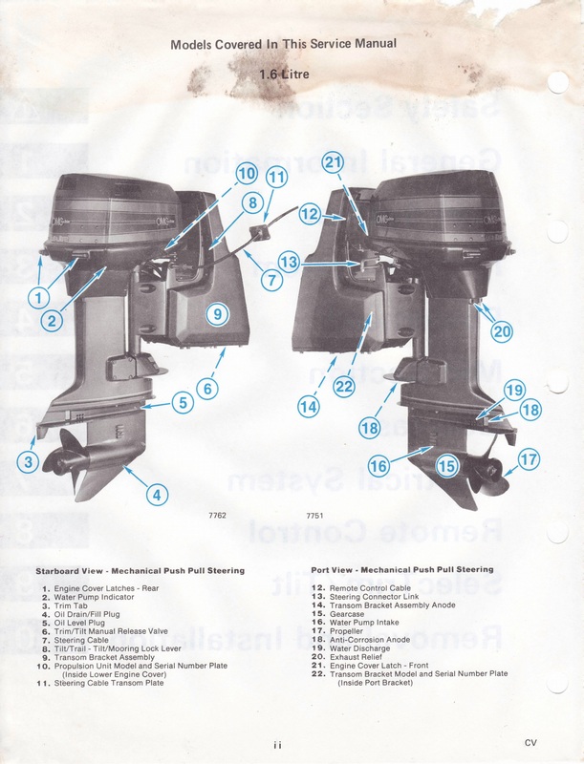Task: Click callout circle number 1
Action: coord(38,297)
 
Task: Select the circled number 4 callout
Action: coord(154,494)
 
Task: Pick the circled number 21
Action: coord(333,163)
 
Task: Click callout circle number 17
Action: coord(529,460)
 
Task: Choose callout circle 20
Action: coord(502,331)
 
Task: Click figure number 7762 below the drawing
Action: coord(217,517)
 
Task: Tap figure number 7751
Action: coord(314,517)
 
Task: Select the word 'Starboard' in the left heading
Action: coord(62,570)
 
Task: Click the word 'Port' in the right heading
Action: coord(324,569)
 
